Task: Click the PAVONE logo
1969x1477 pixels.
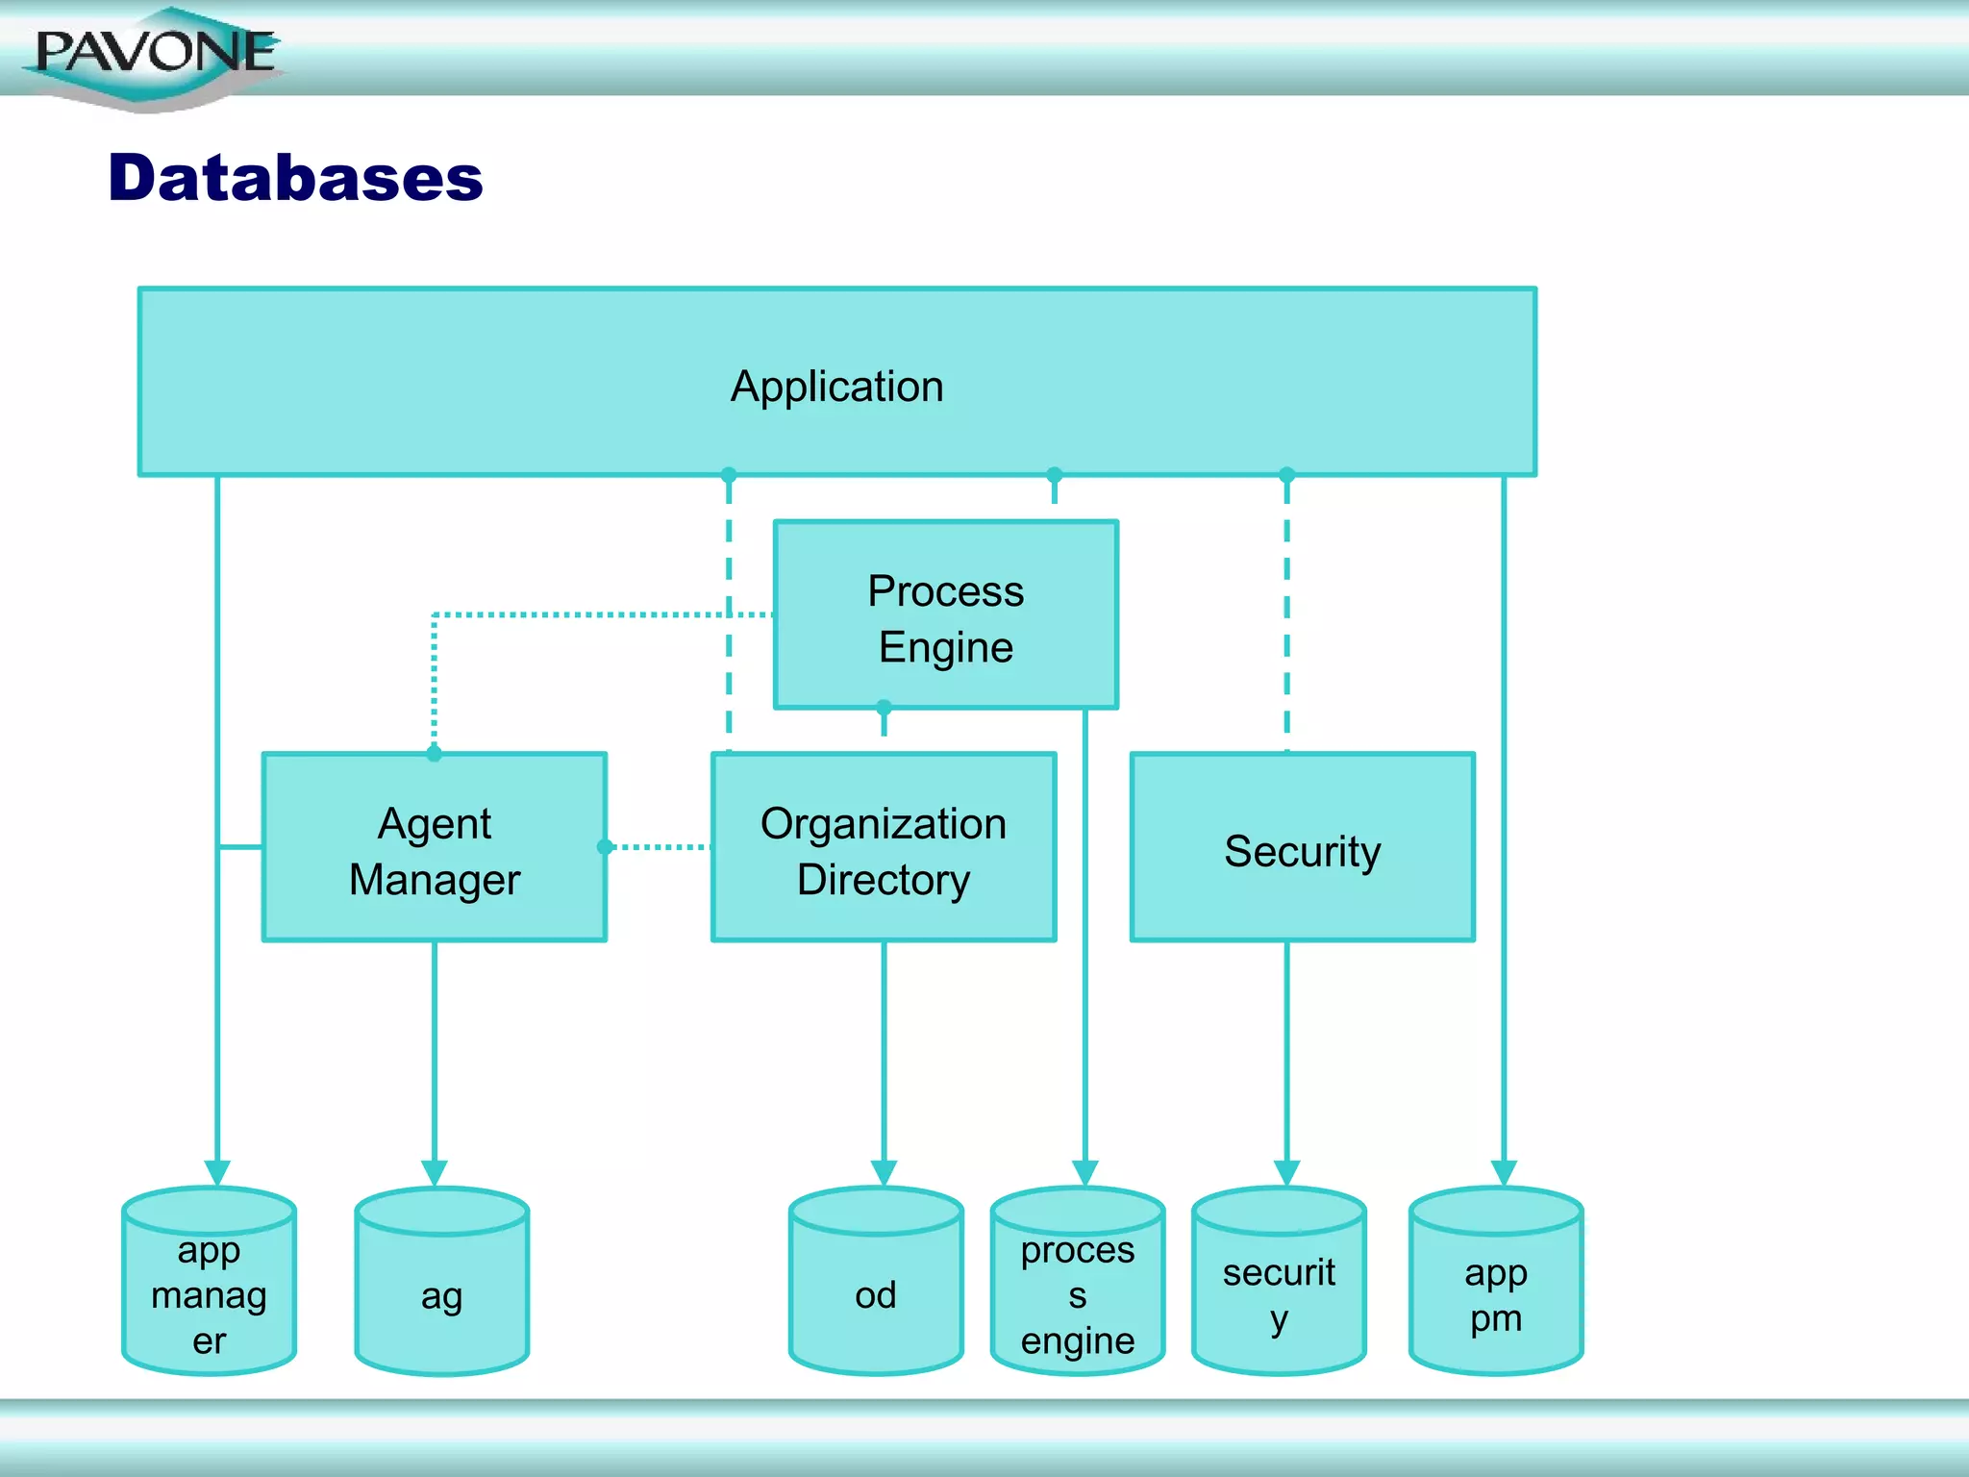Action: click(x=154, y=55)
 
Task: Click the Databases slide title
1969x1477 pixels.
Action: click(x=295, y=179)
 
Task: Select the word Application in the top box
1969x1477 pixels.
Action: click(x=836, y=387)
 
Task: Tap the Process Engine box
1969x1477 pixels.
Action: click(x=945, y=616)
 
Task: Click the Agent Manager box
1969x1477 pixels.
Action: click(x=434, y=849)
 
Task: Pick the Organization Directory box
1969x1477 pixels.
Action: click(x=883, y=849)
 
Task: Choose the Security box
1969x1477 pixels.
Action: click(x=1302, y=849)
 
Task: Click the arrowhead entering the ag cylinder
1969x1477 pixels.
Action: click(x=435, y=1172)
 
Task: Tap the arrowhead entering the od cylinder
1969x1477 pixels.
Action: click(x=884, y=1172)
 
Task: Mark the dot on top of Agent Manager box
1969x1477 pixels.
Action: click(x=435, y=754)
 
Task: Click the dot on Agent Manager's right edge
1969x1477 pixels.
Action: click(x=605, y=847)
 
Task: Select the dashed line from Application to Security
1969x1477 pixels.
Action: click(x=1287, y=615)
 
